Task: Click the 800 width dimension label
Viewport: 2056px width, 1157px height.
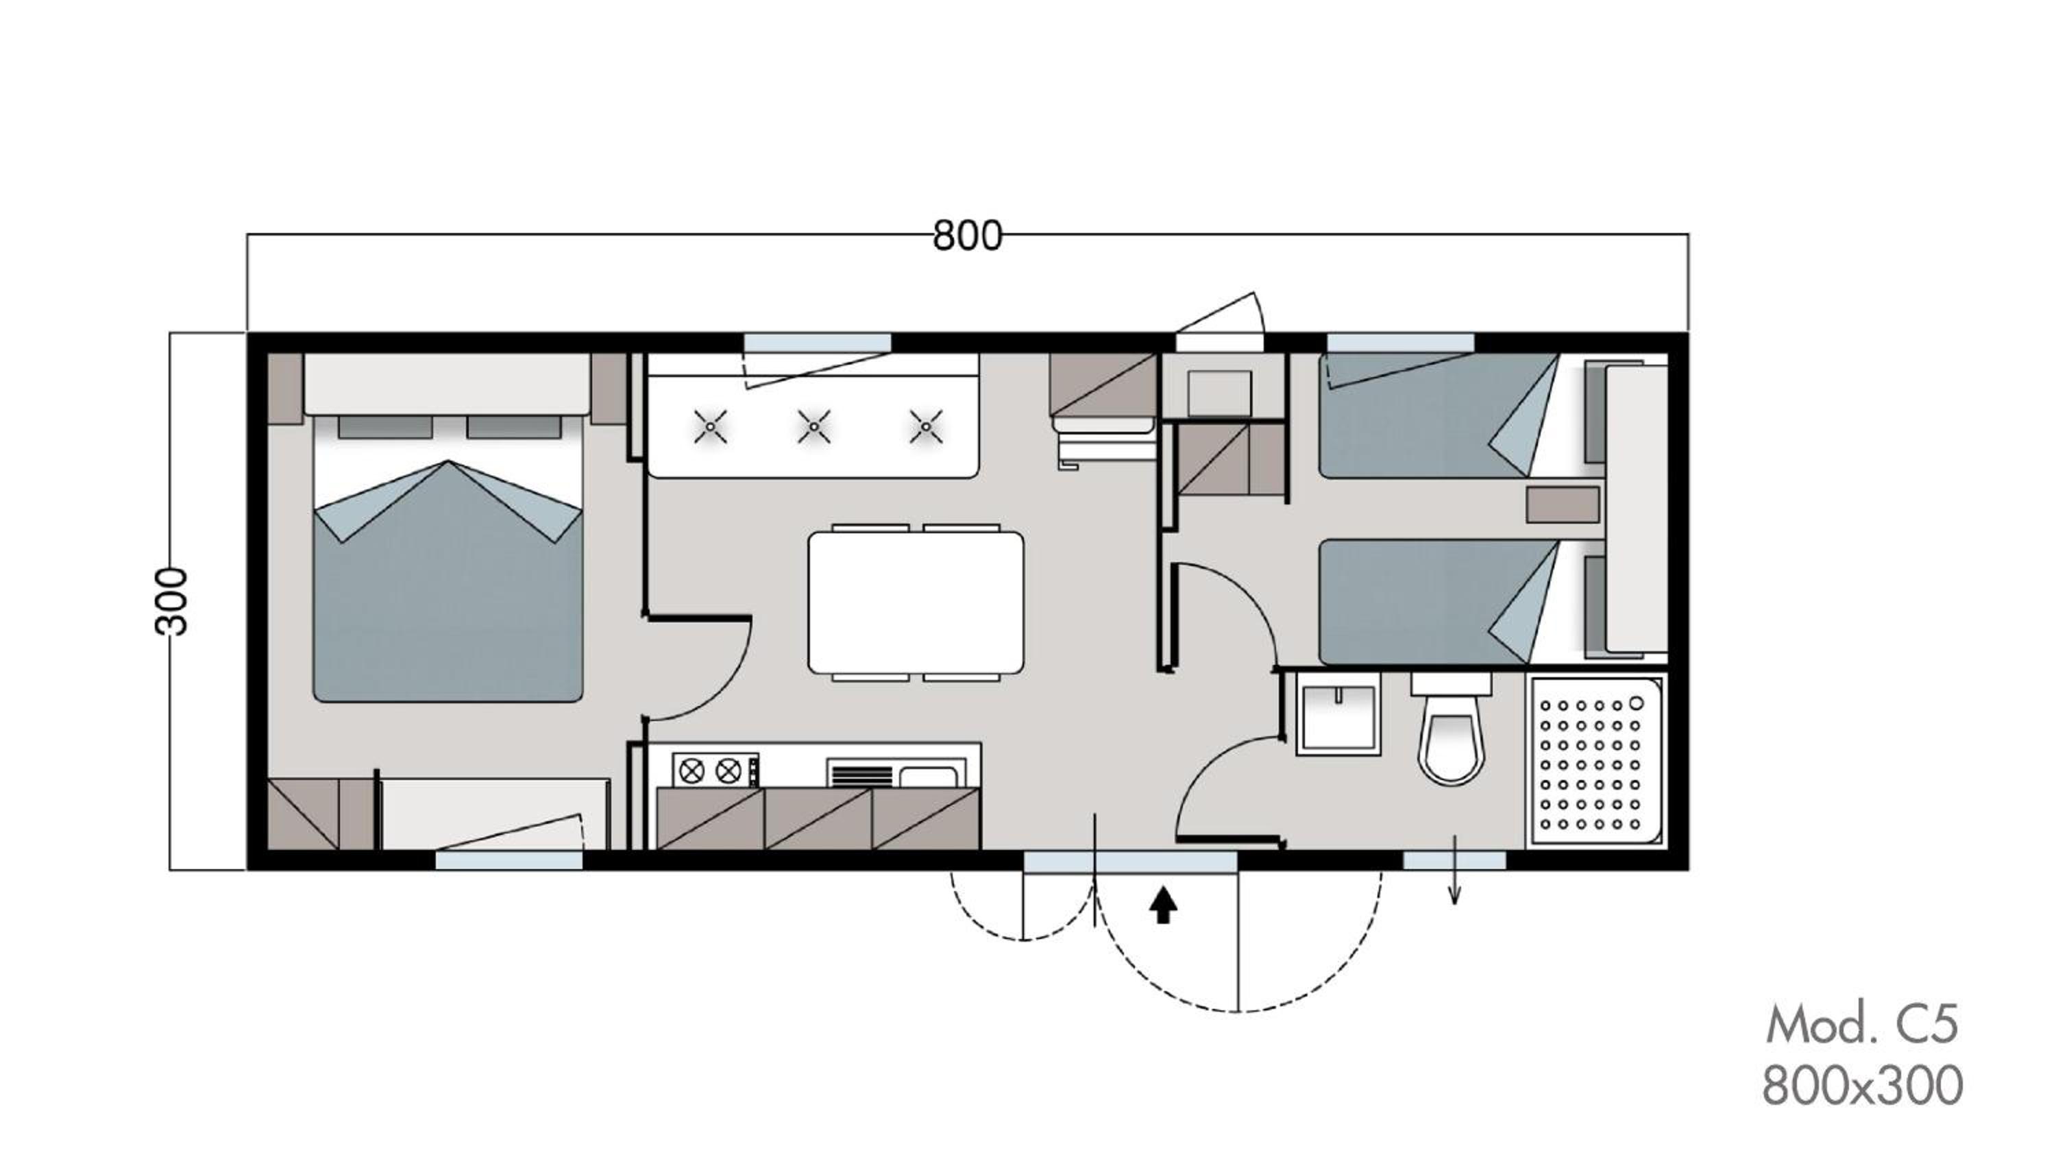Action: [967, 236]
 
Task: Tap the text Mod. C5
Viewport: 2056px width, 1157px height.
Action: [1862, 1025]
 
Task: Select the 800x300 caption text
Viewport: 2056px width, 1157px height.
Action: [1862, 1086]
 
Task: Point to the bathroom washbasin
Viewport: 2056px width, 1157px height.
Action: [1338, 714]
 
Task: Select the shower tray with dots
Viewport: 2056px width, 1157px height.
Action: [1594, 761]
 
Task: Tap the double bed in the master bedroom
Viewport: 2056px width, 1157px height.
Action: [448, 557]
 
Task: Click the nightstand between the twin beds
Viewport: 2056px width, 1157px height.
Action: [1563, 504]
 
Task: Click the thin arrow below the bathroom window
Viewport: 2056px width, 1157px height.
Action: [1454, 870]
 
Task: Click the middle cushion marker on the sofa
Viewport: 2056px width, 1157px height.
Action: [813, 426]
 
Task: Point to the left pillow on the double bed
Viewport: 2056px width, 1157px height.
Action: [385, 426]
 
